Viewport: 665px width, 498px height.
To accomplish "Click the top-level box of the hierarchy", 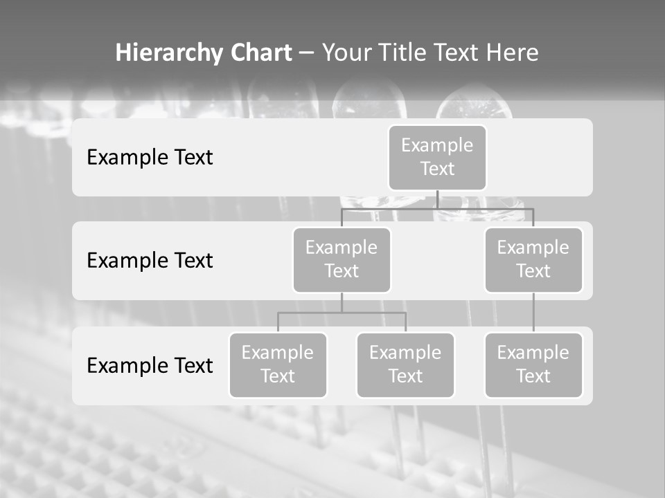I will pyautogui.click(x=437, y=157).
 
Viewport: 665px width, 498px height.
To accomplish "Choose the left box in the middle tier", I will pyautogui.click(x=342, y=259).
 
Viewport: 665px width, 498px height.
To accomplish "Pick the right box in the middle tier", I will pyautogui.click(x=533, y=259).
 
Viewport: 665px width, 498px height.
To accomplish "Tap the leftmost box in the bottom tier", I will pyautogui.click(x=278, y=365).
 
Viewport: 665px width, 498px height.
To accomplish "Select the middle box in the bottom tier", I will pyautogui.click(x=405, y=365).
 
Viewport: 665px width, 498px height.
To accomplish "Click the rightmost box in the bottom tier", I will pyautogui.click(x=533, y=365).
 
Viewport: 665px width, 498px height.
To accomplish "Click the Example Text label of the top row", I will pyautogui.click(x=150, y=157).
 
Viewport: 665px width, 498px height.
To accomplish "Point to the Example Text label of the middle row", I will pyautogui.click(x=150, y=260).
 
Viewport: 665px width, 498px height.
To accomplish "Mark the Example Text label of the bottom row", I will pyautogui.click(x=150, y=365).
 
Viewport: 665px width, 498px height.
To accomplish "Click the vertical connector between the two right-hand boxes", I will pyautogui.click(x=533, y=313).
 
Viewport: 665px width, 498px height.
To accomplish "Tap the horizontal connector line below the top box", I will pyautogui.click(x=437, y=208).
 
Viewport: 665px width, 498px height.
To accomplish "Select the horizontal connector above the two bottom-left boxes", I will pyautogui.click(x=342, y=313).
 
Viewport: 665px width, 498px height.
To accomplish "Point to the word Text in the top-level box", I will pyautogui.click(x=437, y=169).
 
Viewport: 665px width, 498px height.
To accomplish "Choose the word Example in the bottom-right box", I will pyautogui.click(x=533, y=353).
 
